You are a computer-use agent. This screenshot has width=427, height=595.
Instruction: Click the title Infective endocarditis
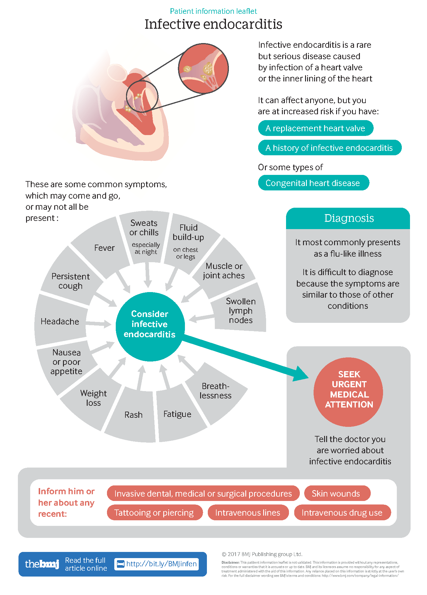(x=213, y=24)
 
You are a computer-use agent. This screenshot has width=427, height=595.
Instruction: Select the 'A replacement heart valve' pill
(x=315, y=128)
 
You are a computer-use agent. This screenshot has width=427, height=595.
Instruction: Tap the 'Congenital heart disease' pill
(x=313, y=183)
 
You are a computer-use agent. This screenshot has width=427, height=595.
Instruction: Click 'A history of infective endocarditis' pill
(x=329, y=148)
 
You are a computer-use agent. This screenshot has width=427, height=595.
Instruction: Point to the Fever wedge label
(x=104, y=248)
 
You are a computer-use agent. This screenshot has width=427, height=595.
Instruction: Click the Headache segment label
(x=60, y=321)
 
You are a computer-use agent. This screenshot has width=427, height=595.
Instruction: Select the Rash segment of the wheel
(x=133, y=415)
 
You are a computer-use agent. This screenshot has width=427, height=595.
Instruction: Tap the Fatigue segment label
(x=177, y=414)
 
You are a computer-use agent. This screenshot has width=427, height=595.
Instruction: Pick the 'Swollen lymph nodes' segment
(x=240, y=311)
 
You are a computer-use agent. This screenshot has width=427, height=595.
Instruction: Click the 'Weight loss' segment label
(x=93, y=398)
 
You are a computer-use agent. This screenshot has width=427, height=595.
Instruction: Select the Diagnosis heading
(x=349, y=218)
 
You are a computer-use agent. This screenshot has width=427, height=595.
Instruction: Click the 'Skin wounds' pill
(x=336, y=494)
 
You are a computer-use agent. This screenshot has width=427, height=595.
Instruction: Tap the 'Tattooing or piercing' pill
(x=154, y=513)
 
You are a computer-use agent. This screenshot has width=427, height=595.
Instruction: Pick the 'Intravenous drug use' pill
(x=342, y=513)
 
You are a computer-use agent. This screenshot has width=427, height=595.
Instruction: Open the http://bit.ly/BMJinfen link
(x=161, y=564)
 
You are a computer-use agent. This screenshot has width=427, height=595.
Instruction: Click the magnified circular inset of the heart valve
(x=203, y=69)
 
